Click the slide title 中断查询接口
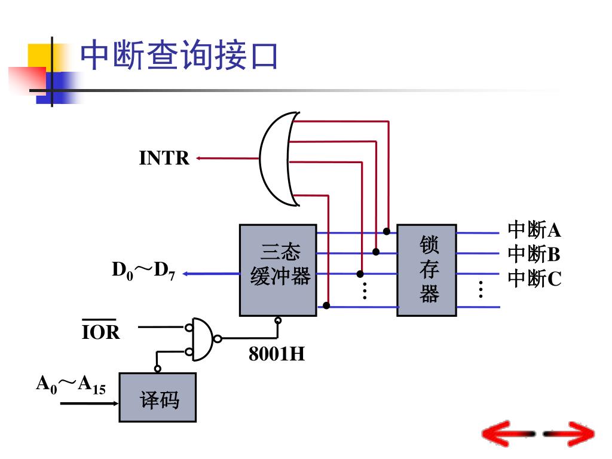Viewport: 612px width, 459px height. (179, 56)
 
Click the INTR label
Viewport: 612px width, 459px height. (164, 158)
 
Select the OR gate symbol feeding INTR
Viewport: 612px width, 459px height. (279, 158)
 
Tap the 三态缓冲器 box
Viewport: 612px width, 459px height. (278, 270)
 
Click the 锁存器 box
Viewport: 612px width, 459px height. (427, 270)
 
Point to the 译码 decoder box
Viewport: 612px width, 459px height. (158, 397)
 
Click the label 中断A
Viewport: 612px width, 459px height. (534, 229)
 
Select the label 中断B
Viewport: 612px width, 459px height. (534, 254)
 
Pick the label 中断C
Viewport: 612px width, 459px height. (534, 279)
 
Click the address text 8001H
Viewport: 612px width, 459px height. (277, 354)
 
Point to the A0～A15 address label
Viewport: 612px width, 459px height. (71, 384)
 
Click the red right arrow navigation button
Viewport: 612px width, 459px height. (571, 433)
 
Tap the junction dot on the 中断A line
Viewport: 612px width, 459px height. (387, 231)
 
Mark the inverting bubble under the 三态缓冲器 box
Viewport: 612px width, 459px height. (278, 320)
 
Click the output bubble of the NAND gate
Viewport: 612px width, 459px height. (218, 339)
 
